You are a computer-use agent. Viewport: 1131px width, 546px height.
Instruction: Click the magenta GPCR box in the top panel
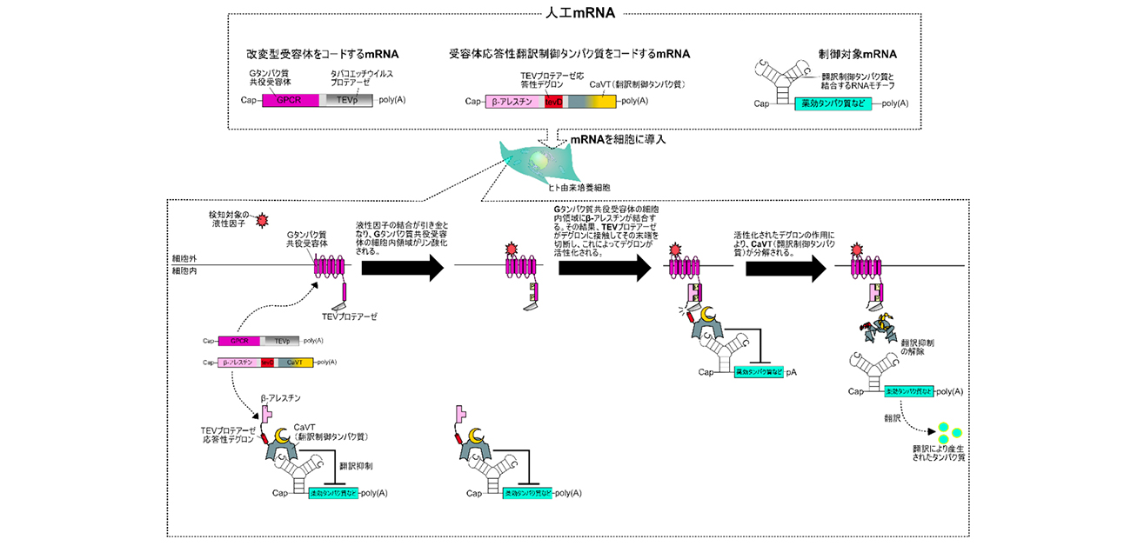click(289, 100)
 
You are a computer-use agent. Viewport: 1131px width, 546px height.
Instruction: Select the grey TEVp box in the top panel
click(346, 100)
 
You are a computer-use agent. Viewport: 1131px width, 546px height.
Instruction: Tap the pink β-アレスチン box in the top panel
click(512, 102)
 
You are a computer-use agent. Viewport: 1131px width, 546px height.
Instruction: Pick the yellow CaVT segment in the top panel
click(602, 102)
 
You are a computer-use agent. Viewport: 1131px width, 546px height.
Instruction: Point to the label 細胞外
click(185, 259)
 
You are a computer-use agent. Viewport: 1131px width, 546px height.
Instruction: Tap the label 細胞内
click(185, 273)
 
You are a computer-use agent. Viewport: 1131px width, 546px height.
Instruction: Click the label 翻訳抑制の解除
click(927, 348)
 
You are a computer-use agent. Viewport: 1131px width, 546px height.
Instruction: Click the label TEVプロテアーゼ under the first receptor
click(350, 316)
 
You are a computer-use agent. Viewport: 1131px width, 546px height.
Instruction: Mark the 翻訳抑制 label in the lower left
click(356, 466)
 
